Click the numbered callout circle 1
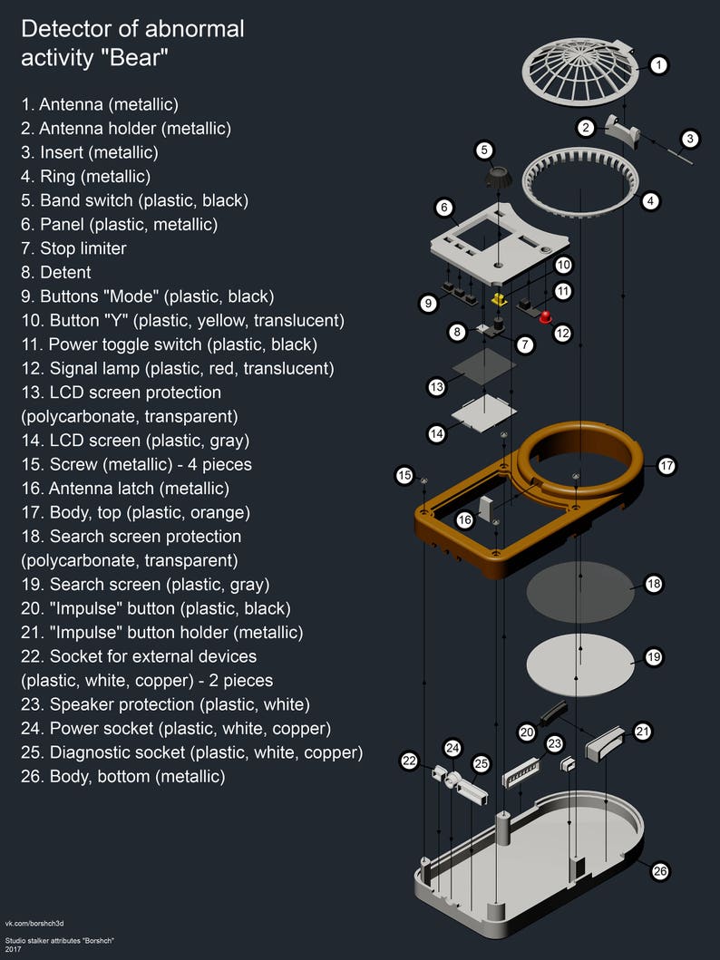(658, 65)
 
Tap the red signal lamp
(544, 316)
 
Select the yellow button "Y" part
(500, 299)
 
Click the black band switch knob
(497, 177)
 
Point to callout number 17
(666, 466)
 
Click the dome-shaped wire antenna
(580, 71)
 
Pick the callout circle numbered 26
(660, 871)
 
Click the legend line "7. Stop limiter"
(73, 248)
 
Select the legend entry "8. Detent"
(55, 273)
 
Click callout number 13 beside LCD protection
(436, 387)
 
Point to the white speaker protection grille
(521, 773)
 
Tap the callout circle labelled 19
(654, 657)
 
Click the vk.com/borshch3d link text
(34, 923)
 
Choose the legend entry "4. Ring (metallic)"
(86, 177)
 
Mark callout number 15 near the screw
(404, 475)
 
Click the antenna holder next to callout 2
(622, 129)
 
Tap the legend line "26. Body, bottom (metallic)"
(123, 776)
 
